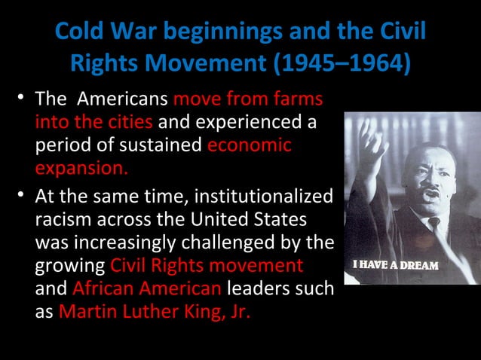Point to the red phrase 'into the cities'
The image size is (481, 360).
(93, 121)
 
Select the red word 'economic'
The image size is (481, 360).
(249, 143)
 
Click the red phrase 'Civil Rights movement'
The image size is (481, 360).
(207, 264)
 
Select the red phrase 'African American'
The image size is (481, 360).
(147, 287)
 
